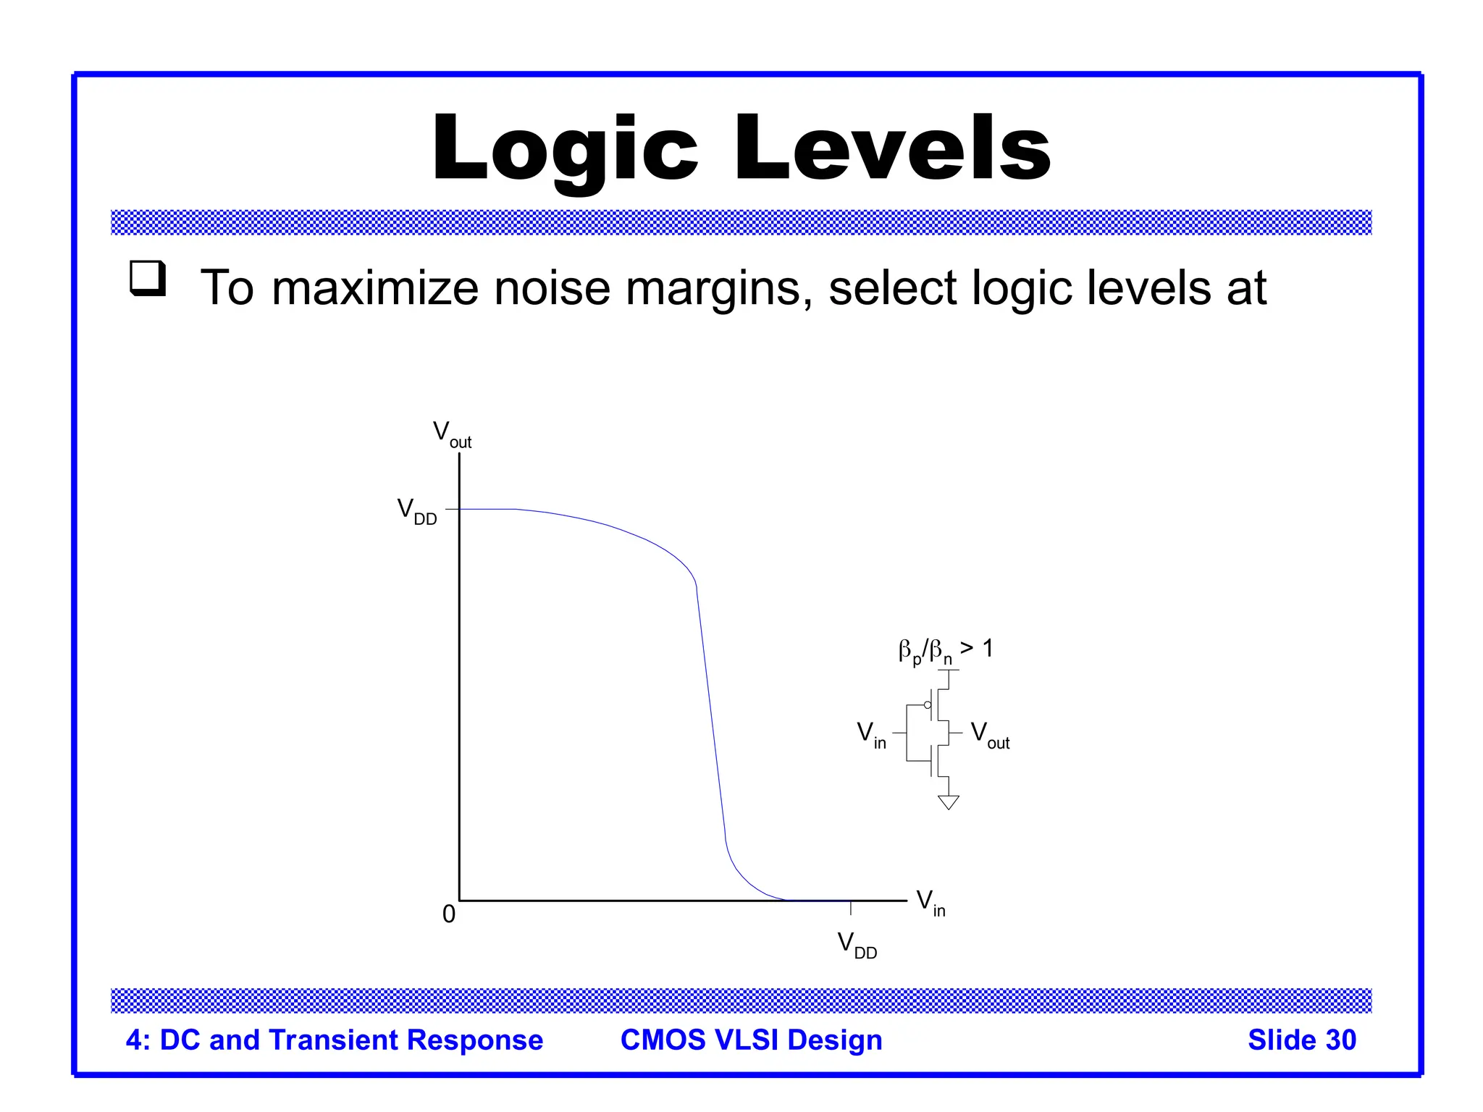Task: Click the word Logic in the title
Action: (565, 148)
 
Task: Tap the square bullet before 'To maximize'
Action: (148, 279)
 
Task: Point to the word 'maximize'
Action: (374, 288)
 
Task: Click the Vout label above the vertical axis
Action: (452, 434)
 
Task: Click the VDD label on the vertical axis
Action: (417, 511)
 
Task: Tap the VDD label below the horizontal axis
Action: (857, 945)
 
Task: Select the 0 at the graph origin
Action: (449, 914)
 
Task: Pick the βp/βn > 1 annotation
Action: (945, 650)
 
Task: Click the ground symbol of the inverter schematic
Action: (948, 801)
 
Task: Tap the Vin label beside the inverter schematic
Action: (871, 735)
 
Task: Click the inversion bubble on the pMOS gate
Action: (928, 705)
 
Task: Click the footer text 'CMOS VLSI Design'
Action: (751, 1040)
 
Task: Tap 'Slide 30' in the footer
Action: (1301, 1040)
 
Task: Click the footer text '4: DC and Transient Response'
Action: (334, 1040)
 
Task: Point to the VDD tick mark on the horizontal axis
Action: (851, 907)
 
